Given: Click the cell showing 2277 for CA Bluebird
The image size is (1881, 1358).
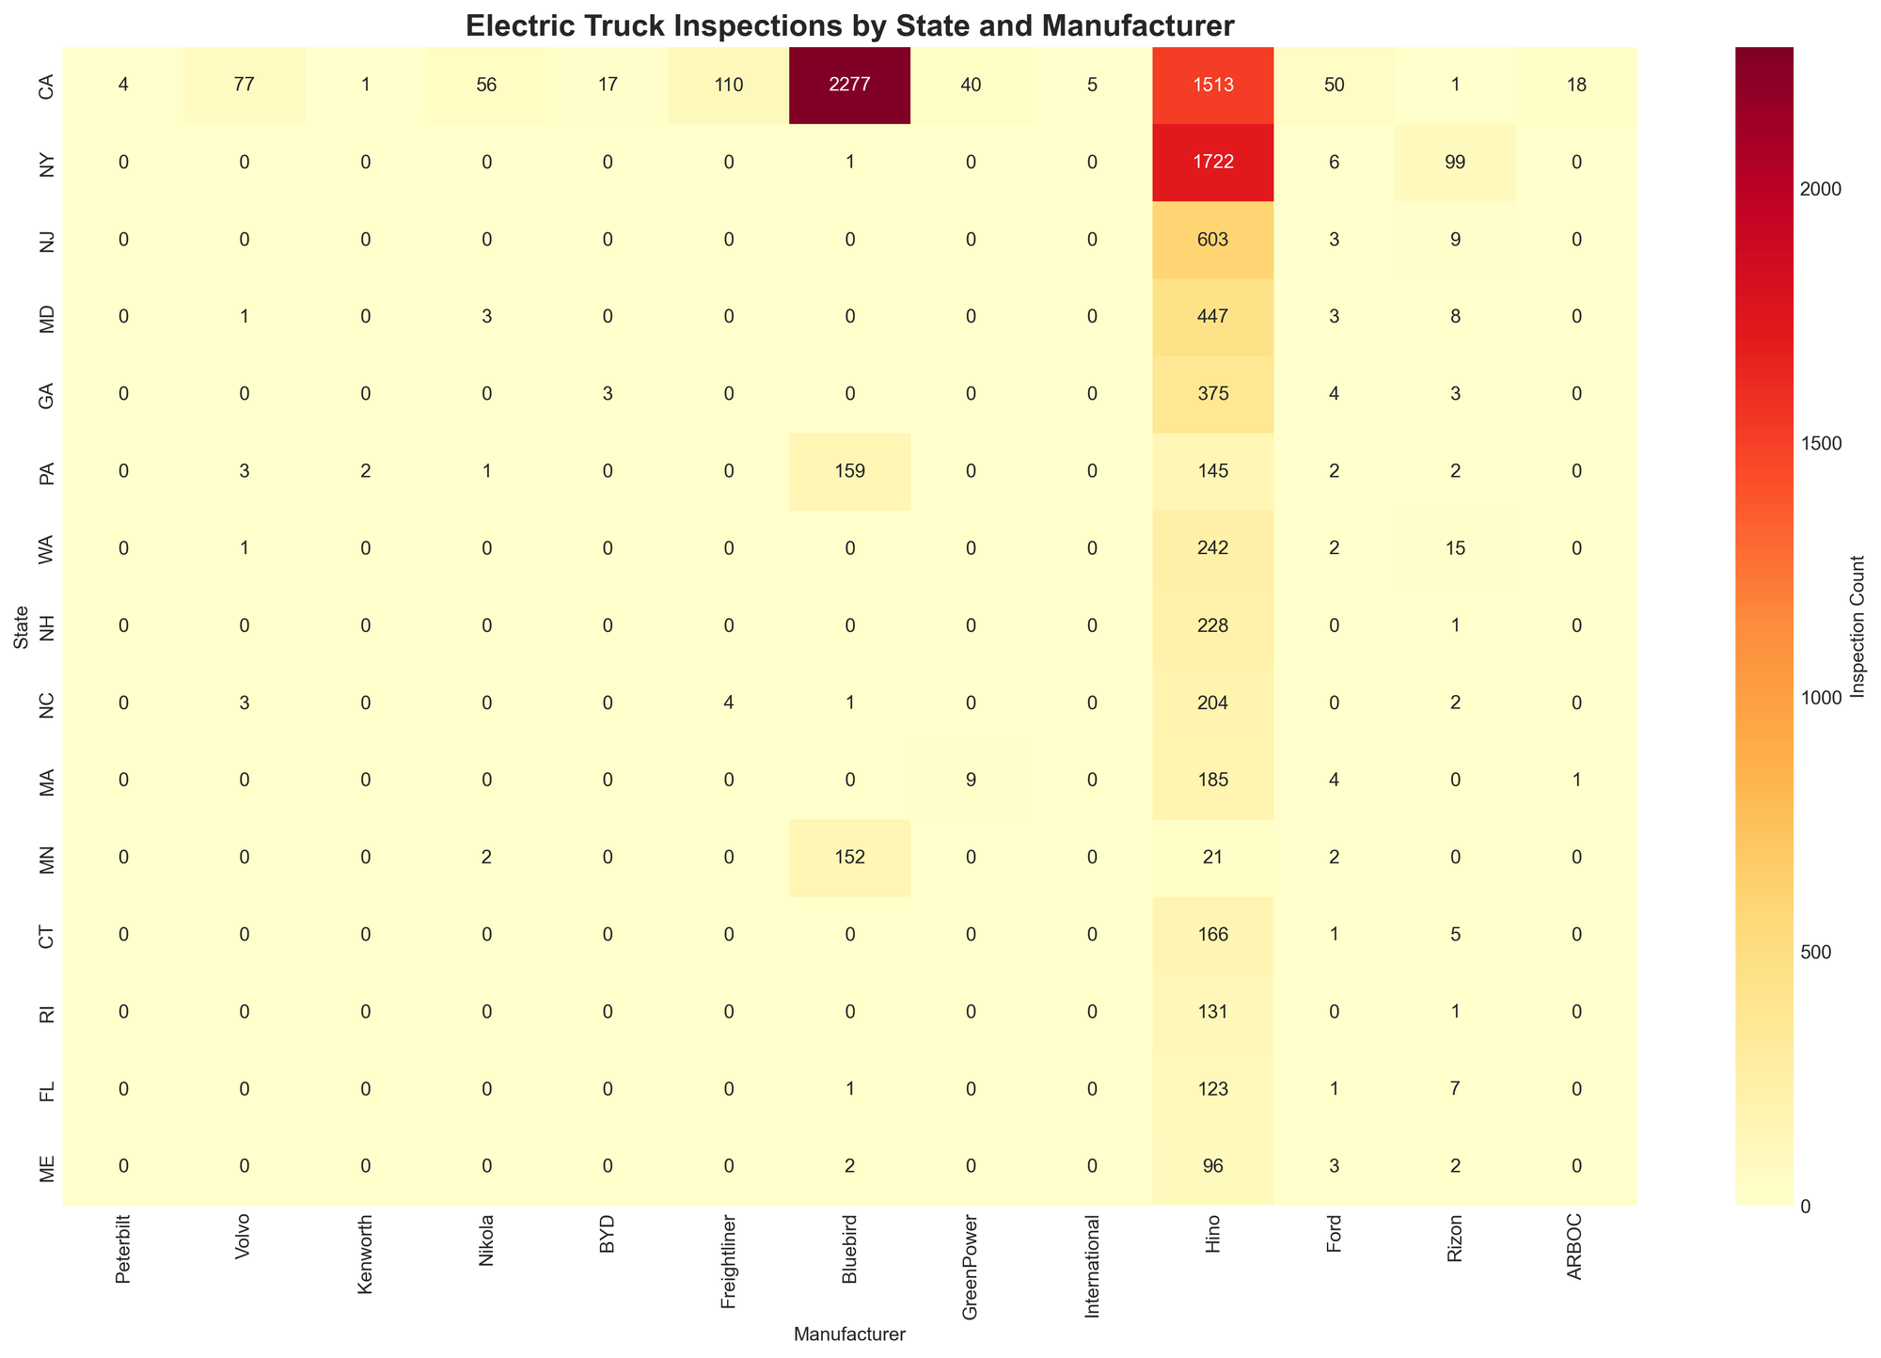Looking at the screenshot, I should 849,86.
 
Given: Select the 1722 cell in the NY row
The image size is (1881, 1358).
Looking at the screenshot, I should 1212,163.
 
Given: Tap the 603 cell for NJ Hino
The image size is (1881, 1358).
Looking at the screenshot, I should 1212,240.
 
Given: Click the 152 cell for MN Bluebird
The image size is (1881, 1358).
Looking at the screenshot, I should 849,858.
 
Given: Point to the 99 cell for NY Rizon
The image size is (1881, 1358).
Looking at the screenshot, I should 1455,163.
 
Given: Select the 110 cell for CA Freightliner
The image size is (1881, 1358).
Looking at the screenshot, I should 728,86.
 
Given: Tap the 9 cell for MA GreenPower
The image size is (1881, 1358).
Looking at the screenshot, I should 971,781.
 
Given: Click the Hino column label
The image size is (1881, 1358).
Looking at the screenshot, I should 1212,1234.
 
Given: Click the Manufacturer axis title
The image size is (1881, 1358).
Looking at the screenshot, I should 849,1333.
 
